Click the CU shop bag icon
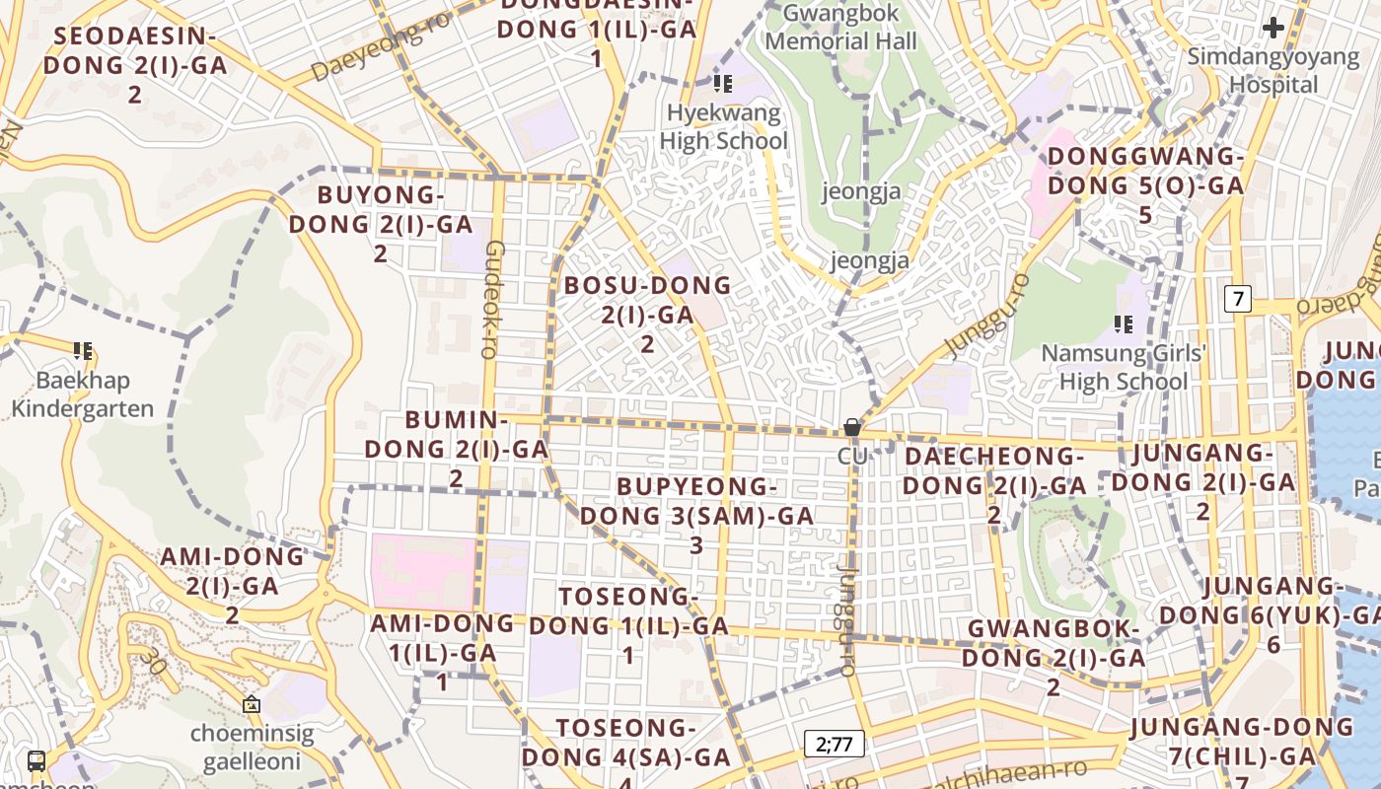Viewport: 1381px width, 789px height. click(x=851, y=427)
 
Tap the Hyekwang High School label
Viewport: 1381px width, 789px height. click(x=723, y=127)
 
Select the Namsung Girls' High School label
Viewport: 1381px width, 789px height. click(x=1124, y=367)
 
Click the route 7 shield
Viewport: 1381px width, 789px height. click(x=1238, y=298)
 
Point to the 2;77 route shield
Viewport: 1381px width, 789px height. click(x=834, y=744)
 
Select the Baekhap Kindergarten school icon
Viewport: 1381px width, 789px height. click(x=83, y=350)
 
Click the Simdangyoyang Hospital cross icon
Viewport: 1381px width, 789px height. click(x=1273, y=28)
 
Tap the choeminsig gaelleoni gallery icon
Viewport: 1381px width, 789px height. click(x=252, y=704)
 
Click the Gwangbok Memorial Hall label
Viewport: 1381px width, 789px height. click(x=840, y=28)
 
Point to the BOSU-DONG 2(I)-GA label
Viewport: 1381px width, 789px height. click(x=647, y=314)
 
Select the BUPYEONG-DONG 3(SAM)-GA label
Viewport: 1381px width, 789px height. click(x=696, y=515)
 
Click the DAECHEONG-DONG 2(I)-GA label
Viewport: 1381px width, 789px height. click(x=993, y=484)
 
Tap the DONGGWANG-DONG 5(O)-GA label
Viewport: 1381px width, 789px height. click(x=1145, y=184)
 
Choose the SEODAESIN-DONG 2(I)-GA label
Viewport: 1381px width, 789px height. click(x=135, y=65)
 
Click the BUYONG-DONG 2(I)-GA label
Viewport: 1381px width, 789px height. click(x=381, y=223)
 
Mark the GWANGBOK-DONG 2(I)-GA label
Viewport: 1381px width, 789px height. click(x=1054, y=657)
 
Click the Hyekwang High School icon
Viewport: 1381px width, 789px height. click(x=723, y=84)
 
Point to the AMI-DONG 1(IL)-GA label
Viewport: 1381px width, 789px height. click(x=442, y=651)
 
